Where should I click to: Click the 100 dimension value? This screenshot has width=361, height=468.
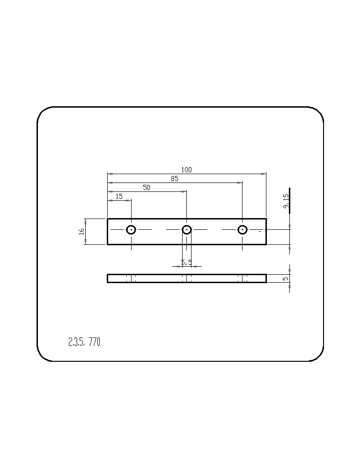[186, 170]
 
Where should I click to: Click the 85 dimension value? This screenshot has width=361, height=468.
[174, 179]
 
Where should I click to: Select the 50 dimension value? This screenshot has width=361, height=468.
[146, 188]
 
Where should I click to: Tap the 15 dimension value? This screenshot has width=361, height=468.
[119, 197]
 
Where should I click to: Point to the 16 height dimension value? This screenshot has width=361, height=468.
[81, 231]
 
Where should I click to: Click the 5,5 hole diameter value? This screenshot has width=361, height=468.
[187, 263]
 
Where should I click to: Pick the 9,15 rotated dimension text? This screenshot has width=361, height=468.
[286, 201]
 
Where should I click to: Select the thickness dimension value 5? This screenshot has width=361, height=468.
[286, 278]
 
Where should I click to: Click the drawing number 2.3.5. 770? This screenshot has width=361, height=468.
[84, 342]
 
